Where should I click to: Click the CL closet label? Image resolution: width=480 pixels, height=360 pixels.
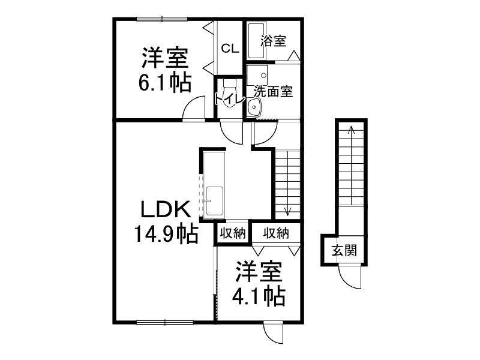(229, 49)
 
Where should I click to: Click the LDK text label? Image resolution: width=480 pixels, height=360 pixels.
(166, 209)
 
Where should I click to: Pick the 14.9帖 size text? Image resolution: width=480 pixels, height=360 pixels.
(166, 233)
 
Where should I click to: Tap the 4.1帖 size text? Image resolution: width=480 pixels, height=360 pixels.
(259, 295)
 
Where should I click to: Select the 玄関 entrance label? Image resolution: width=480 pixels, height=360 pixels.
(344, 250)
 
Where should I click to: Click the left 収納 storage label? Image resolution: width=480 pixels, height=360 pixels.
(232, 233)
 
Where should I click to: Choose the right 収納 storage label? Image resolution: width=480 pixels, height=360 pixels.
(276, 233)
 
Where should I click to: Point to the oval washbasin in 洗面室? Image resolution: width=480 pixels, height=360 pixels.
(254, 107)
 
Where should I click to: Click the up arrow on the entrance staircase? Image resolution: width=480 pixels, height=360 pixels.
(351, 129)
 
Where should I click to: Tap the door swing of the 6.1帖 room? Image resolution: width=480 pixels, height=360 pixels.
(194, 110)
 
